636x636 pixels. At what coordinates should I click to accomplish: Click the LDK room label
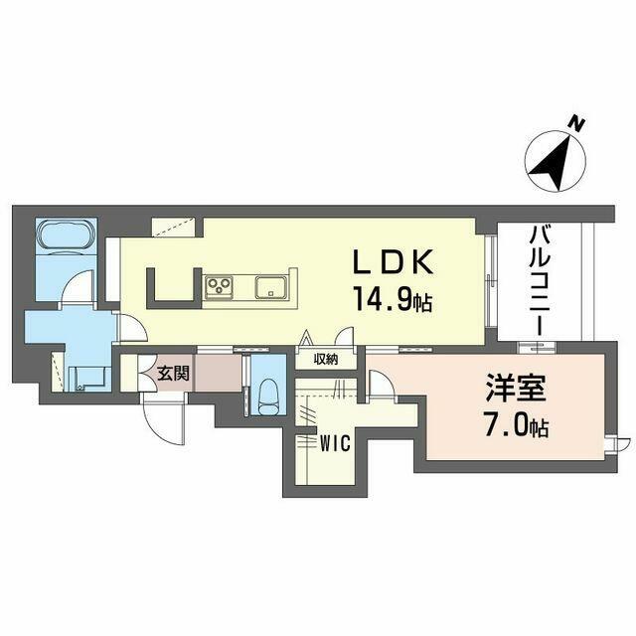tap(394, 261)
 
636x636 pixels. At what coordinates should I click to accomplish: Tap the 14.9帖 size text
tap(394, 298)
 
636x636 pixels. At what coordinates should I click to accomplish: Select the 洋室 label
tap(516, 388)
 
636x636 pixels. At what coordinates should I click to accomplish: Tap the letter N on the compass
tap(575, 123)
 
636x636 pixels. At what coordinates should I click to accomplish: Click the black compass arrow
tap(555, 163)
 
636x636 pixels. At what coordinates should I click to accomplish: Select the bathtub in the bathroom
tap(67, 237)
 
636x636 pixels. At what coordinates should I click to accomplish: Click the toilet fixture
tap(268, 393)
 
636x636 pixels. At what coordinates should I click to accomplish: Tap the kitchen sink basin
tap(271, 287)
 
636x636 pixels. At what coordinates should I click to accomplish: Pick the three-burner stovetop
tap(219, 287)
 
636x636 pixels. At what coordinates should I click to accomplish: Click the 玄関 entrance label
tap(173, 374)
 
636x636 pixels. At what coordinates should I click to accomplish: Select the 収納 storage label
tap(326, 359)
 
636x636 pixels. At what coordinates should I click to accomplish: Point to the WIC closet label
tap(335, 444)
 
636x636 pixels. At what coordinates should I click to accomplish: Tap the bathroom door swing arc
tap(78, 286)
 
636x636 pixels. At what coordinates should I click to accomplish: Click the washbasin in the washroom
tap(88, 380)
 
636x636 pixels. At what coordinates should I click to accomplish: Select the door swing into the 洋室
tap(382, 389)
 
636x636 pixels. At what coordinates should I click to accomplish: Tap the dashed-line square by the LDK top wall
tap(174, 228)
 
